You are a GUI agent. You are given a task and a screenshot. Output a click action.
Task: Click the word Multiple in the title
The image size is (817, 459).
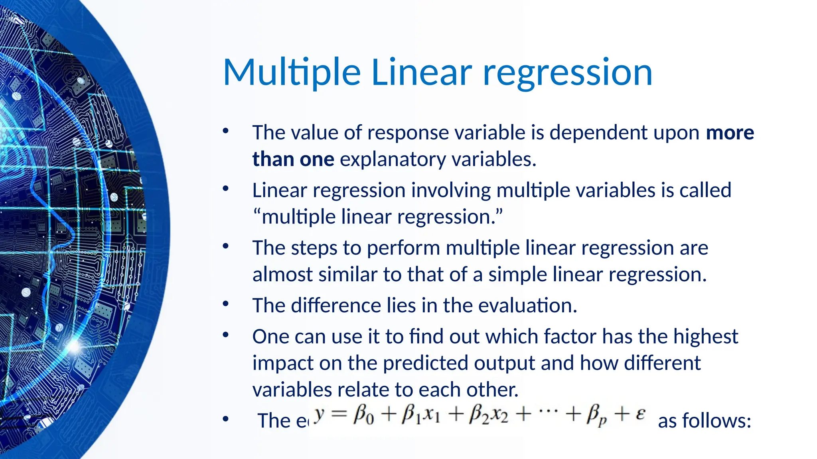(292, 73)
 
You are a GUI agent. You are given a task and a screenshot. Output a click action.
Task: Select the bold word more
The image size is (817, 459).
(730, 133)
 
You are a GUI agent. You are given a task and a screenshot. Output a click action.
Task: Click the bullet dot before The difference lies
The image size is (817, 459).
(226, 305)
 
